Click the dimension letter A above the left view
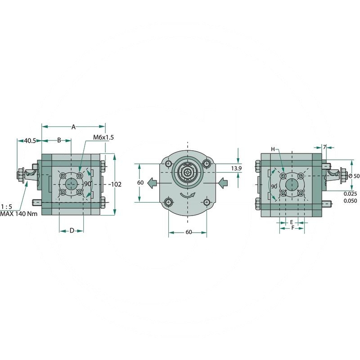[x=73, y=127]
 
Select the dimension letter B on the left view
[x=59, y=140]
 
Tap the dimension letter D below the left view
[x=72, y=231]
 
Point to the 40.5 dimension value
[x=30, y=141]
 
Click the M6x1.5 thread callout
[x=103, y=137]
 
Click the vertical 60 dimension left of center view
[x=140, y=183]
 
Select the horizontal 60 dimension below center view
[x=188, y=232]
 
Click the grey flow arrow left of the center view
[x=153, y=182]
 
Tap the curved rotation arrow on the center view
[x=188, y=195]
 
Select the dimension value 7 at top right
[x=325, y=147]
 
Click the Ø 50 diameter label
[x=354, y=176]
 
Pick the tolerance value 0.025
[x=351, y=193]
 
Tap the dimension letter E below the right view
[x=292, y=222]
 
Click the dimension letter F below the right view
[x=292, y=228]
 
